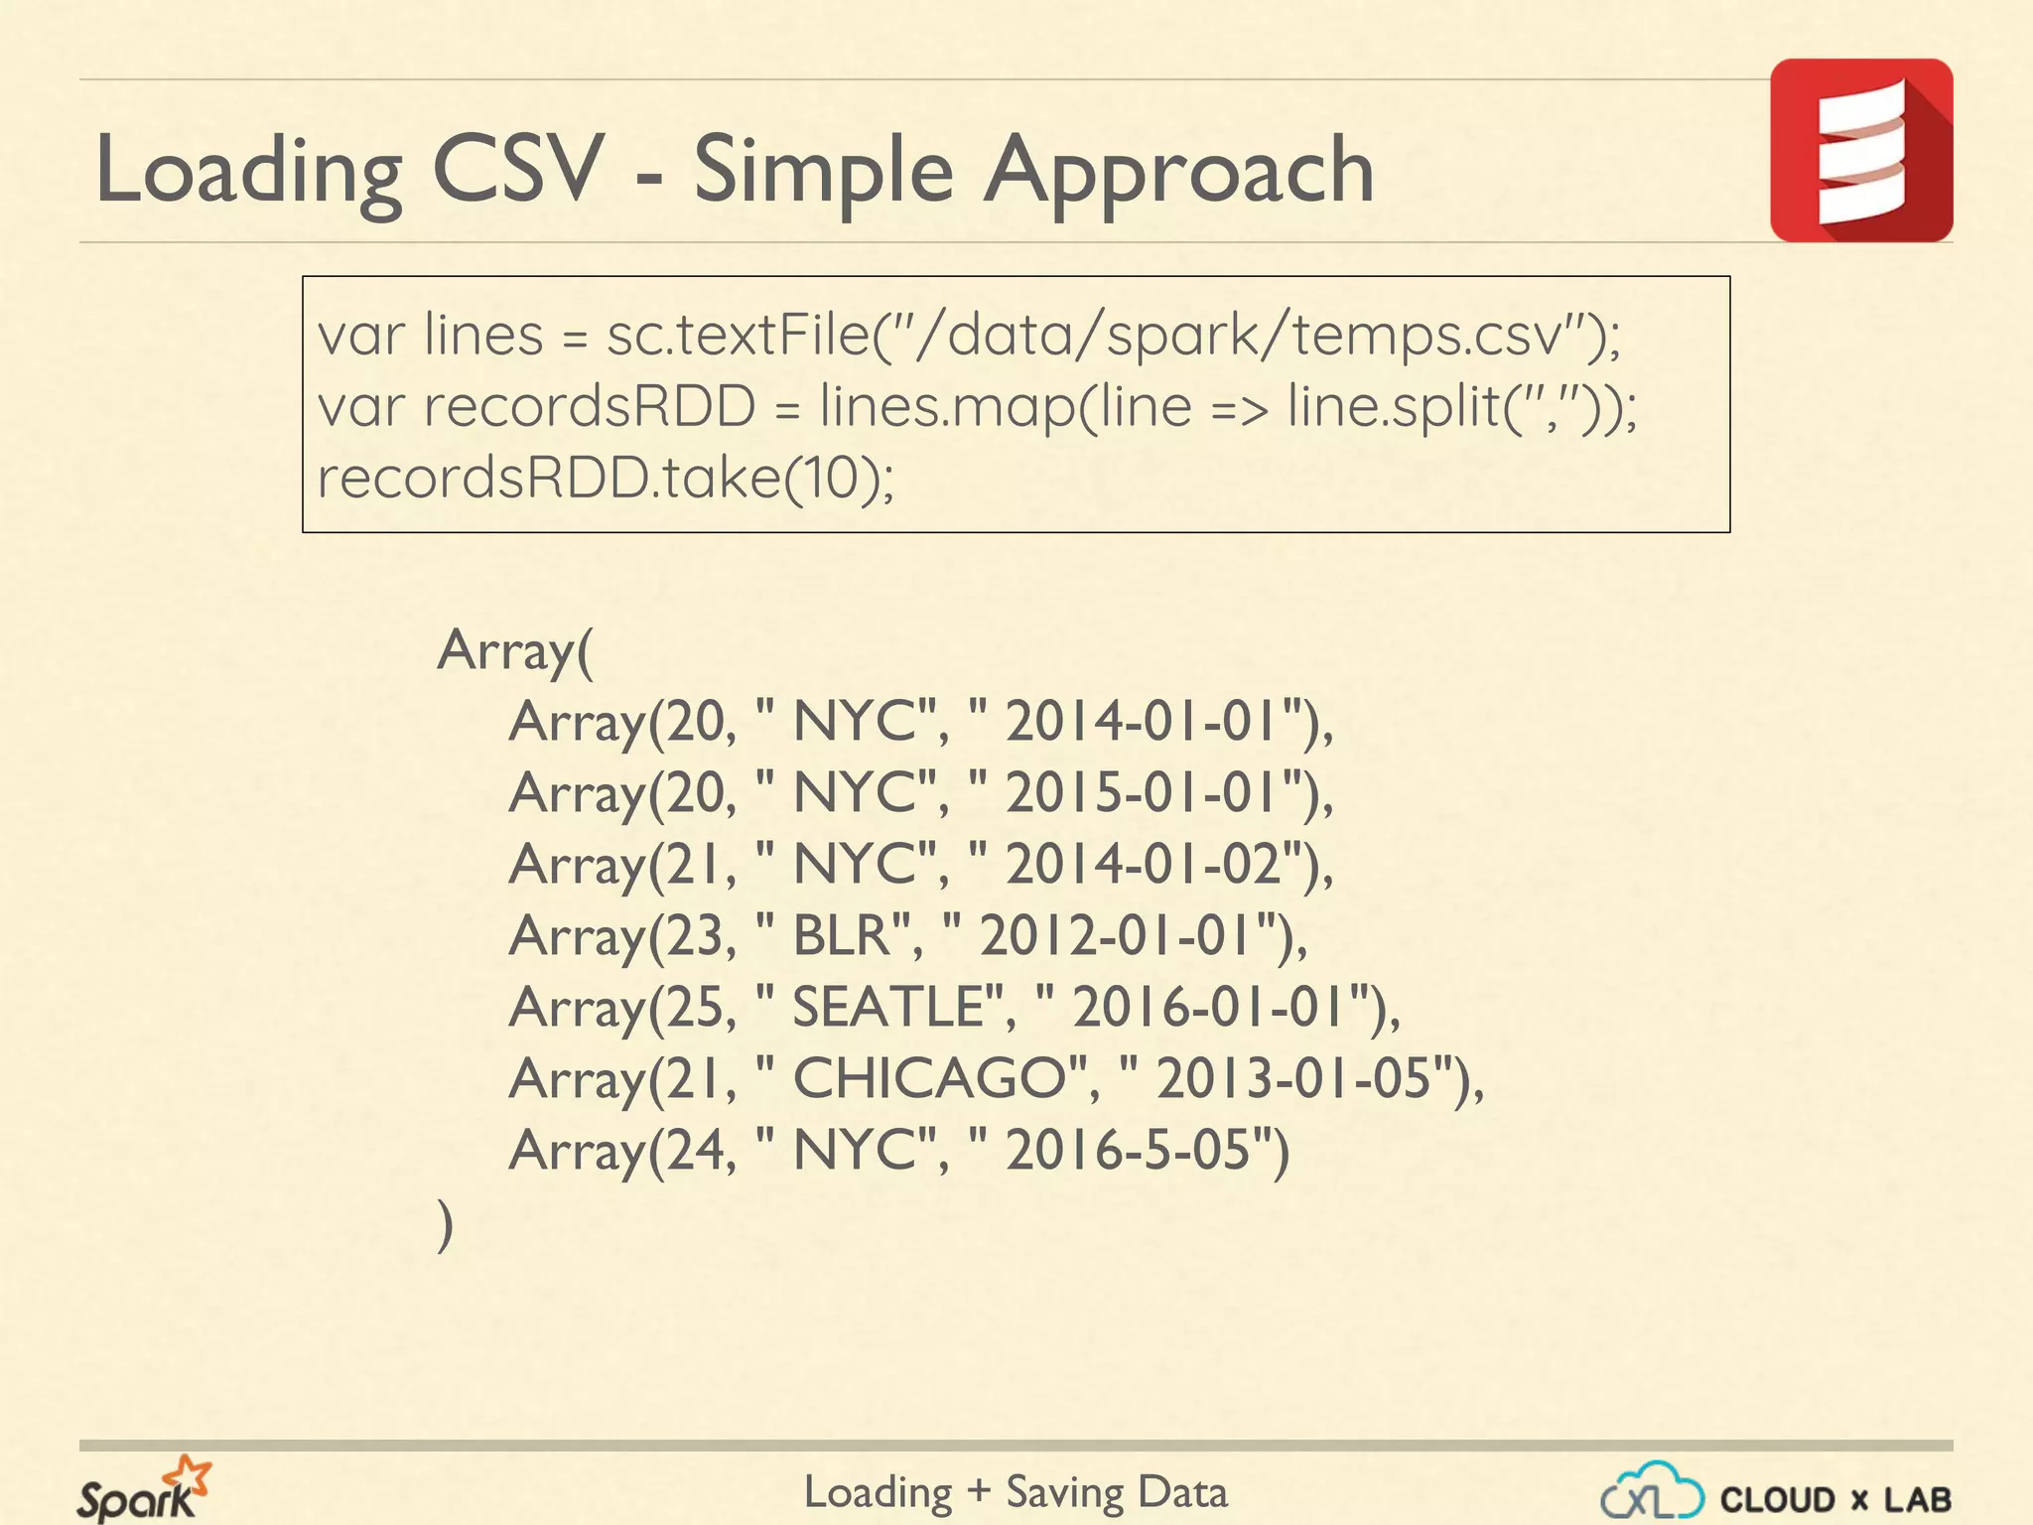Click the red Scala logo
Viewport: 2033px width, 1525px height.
[x=1860, y=150]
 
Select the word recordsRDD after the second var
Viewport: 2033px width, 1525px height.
[x=589, y=407]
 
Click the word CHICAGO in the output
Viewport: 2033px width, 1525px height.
[x=929, y=1079]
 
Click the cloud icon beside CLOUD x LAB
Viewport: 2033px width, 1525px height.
[x=1652, y=1490]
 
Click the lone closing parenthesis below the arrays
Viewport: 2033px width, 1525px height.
[x=446, y=1225]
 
